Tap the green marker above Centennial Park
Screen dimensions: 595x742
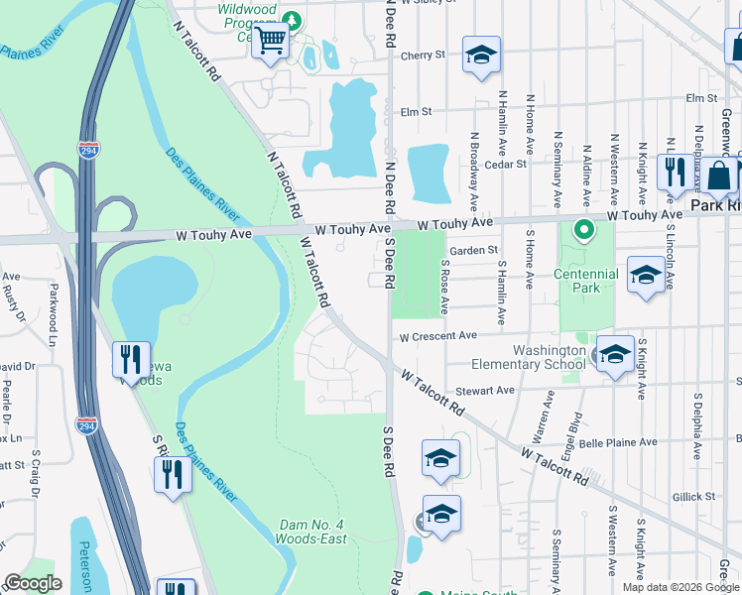(584, 231)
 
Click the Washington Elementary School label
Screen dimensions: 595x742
(550, 357)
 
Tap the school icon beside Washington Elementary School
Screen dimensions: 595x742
(615, 356)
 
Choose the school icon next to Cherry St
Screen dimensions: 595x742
(481, 56)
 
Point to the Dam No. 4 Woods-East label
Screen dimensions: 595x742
(312, 532)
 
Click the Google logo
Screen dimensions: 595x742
(33, 583)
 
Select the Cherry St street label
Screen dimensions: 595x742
(423, 56)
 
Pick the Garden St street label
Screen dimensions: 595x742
(472, 251)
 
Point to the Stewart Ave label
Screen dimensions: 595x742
(485, 391)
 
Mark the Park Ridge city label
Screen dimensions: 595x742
(715, 205)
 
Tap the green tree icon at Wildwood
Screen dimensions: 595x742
(292, 19)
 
